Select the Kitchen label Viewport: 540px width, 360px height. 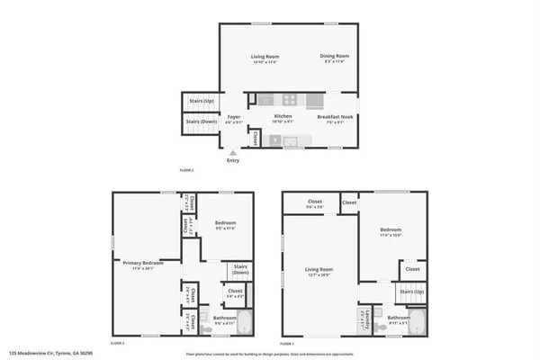click(x=283, y=116)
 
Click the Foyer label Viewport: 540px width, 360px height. click(x=233, y=116)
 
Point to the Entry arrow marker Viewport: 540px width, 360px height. click(x=233, y=152)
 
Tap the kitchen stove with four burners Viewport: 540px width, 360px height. click(x=292, y=98)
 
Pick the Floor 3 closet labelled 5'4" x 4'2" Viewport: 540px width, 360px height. click(x=233, y=292)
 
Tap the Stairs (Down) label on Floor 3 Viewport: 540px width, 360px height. click(x=239, y=269)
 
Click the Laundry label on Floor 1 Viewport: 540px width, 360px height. click(x=364, y=314)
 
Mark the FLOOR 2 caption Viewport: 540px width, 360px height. click(x=186, y=169)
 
